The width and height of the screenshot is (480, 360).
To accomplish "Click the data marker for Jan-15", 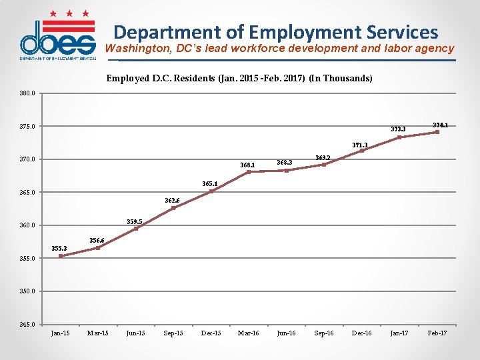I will click(x=61, y=255).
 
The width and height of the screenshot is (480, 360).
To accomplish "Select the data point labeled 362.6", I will click(x=173, y=208).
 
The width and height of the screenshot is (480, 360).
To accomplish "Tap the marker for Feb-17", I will click(x=437, y=132).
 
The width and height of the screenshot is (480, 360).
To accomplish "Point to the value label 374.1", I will click(x=440, y=125).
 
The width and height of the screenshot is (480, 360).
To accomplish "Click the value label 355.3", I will click(x=59, y=249).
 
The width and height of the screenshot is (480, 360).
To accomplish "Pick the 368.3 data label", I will click(x=285, y=162).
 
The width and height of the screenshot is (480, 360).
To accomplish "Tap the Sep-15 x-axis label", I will click(x=173, y=333).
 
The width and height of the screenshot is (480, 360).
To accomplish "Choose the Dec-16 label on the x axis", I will click(x=361, y=333).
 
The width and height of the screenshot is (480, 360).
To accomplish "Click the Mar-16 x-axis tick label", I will click(x=249, y=333).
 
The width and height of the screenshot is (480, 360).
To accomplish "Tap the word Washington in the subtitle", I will click(x=136, y=49).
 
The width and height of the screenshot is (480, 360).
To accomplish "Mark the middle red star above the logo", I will click(x=69, y=13).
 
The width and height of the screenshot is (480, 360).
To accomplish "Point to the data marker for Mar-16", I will click(x=249, y=172).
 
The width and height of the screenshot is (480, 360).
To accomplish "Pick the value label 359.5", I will click(x=135, y=221).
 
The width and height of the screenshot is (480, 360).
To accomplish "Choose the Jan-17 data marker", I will click(x=399, y=137).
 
